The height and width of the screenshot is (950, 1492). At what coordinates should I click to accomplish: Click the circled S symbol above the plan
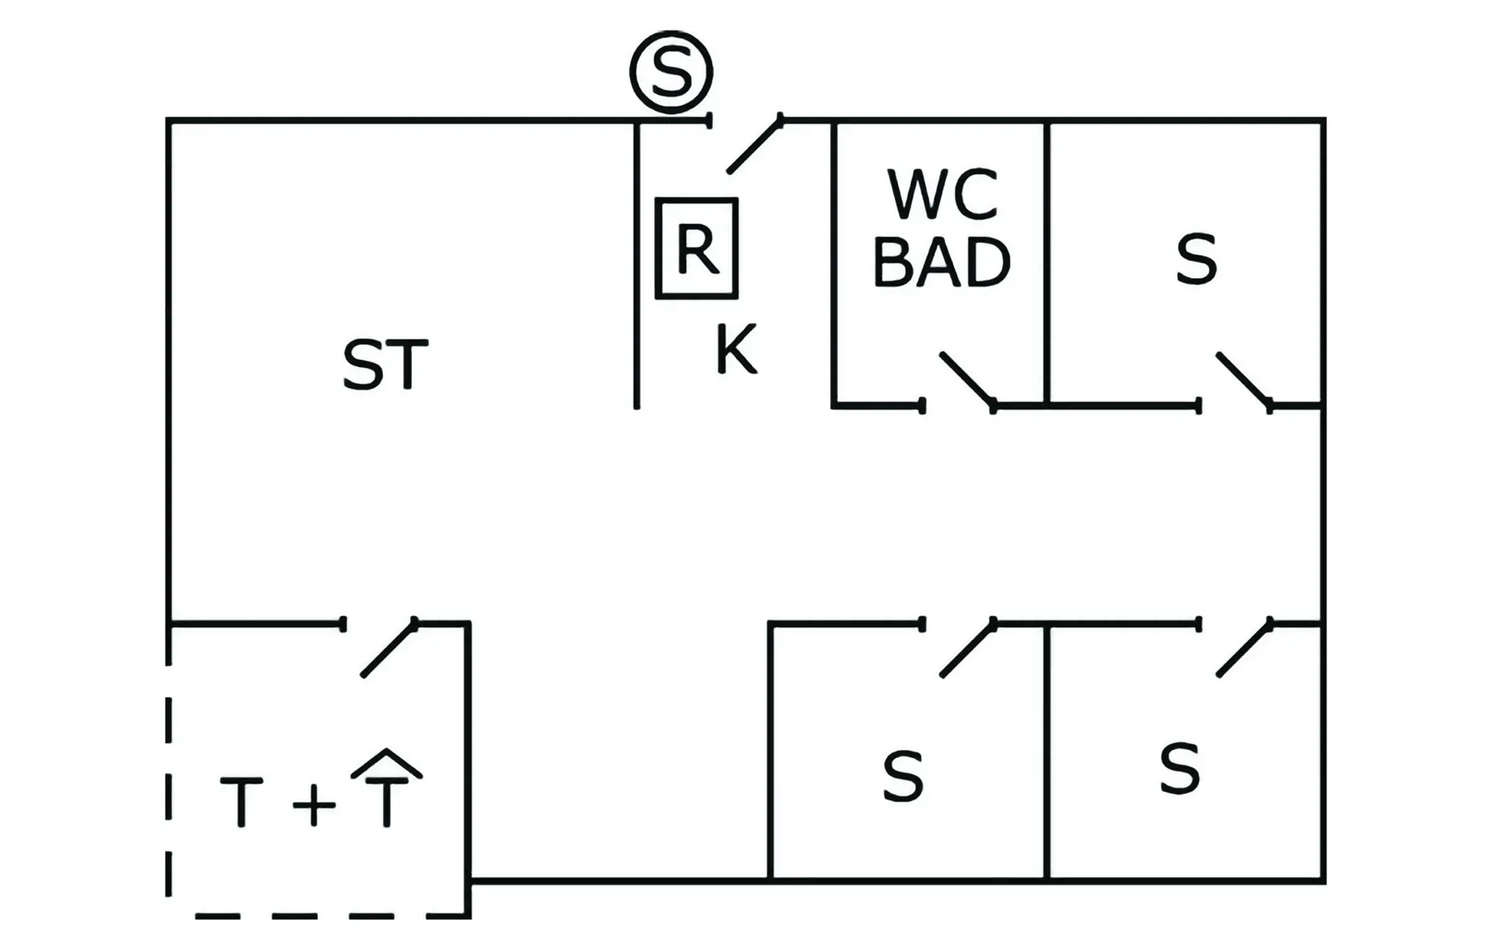(671, 72)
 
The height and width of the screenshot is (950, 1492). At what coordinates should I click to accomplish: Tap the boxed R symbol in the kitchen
(696, 249)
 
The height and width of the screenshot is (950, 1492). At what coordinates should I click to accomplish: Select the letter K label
(735, 350)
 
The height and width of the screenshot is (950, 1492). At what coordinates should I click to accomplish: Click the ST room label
(385, 365)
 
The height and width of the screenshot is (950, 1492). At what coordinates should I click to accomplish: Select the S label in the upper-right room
(1196, 259)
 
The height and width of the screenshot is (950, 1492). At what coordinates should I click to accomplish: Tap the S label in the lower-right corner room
(1180, 768)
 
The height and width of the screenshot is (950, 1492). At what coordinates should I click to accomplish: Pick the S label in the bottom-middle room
(903, 776)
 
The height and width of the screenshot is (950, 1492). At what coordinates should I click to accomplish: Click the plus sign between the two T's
(314, 804)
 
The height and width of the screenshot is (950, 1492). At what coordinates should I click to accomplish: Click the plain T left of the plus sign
(241, 802)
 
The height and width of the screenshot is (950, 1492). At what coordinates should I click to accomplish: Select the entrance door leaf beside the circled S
(755, 145)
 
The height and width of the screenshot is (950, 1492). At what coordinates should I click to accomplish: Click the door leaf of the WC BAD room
(967, 380)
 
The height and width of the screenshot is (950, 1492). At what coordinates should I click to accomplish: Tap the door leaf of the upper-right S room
(1244, 380)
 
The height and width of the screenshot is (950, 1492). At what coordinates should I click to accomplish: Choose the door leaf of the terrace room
(389, 649)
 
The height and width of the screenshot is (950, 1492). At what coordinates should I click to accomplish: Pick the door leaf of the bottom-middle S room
(967, 649)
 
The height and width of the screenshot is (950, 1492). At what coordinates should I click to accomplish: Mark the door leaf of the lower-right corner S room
(1244, 649)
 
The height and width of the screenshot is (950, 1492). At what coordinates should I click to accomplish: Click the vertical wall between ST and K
(636, 264)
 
